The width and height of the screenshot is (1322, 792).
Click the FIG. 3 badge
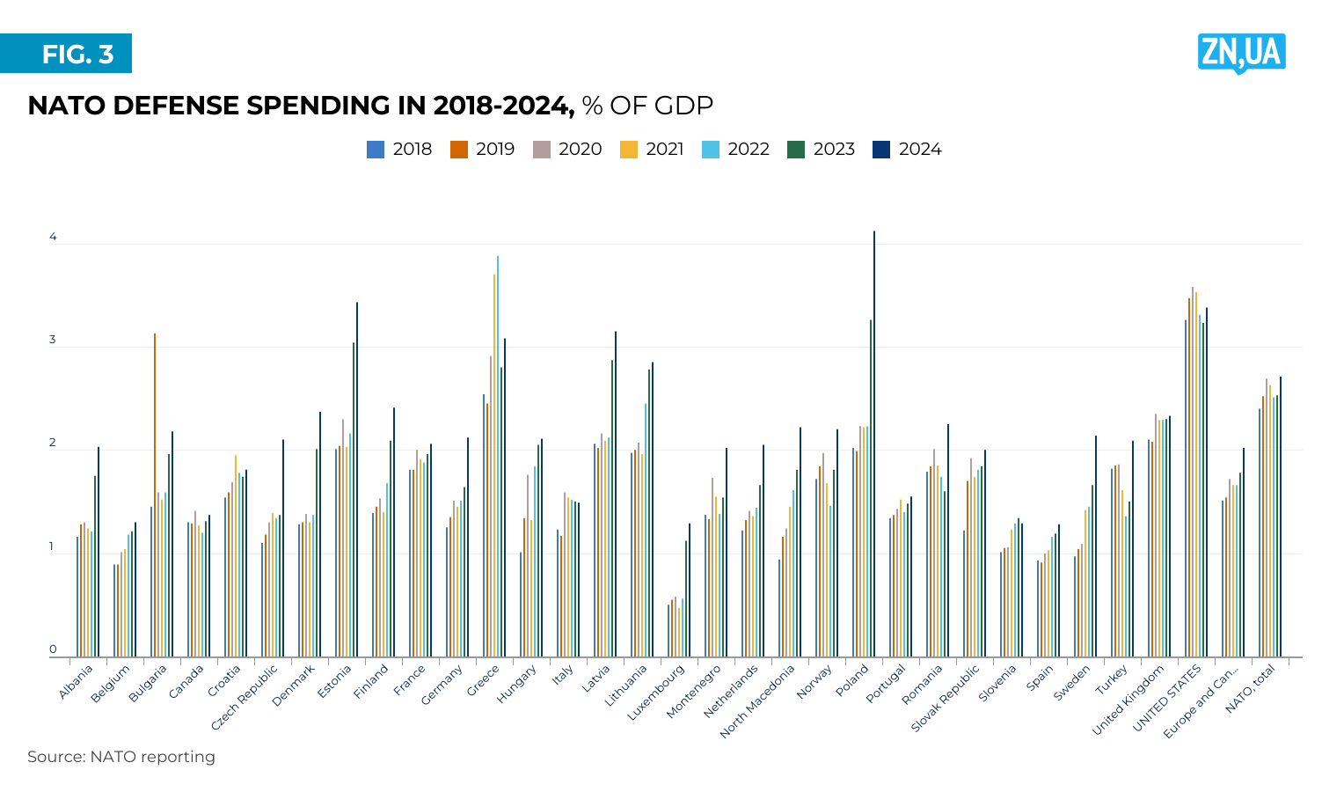(x=66, y=54)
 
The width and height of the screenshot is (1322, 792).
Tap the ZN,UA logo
(x=1241, y=53)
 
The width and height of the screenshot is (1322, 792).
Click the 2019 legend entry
(x=482, y=150)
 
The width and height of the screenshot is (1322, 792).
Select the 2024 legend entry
(x=907, y=150)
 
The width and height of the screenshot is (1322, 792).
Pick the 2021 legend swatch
(x=629, y=150)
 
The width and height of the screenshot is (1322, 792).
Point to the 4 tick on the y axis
(x=53, y=238)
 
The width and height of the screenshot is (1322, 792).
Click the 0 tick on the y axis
(x=53, y=650)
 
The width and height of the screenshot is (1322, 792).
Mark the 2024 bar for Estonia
(x=357, y=480)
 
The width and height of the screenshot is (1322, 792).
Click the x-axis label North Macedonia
(x=757, y=700)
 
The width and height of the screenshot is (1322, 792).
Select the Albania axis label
(x=76, y=682)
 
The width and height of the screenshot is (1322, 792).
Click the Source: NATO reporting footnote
(x=121, y=757)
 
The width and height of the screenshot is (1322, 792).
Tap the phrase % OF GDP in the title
(x=647, y=106)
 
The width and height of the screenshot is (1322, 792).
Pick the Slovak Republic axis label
(x=945, y=698)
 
